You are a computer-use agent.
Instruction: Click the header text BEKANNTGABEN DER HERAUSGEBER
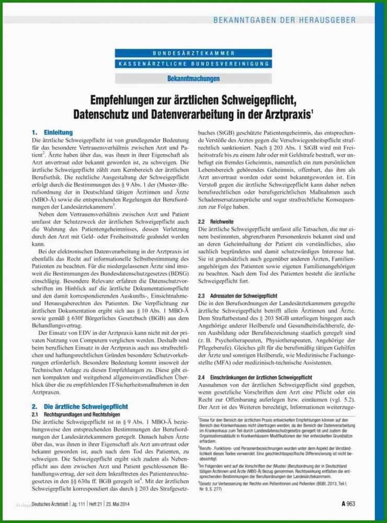point(284,20)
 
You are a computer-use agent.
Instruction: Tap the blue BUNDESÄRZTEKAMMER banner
point(193,53)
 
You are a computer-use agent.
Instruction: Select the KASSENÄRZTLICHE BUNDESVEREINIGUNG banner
point(193,64)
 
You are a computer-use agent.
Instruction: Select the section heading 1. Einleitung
point(52,133)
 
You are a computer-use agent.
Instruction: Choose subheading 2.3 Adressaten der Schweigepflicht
point(237,296)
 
